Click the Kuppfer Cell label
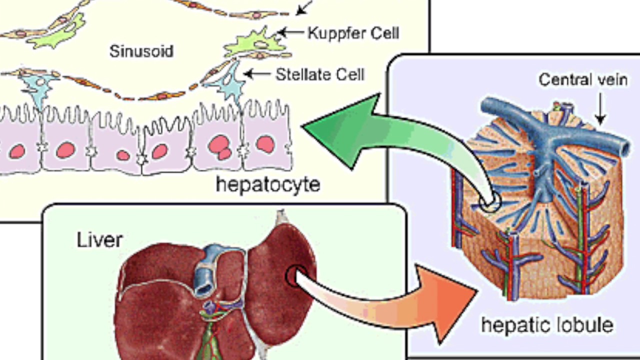(x=353, y=33)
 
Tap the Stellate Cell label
(x=320, y=74)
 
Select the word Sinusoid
(x=141, y=51)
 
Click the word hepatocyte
(x=268, y=184)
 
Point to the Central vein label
(x=582, y=79)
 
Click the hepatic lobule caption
(x=547, y=325)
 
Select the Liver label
(x=99, y=240)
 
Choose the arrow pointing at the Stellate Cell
(x=257, y=74)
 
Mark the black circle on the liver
(x=294, y=275)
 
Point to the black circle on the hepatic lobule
(x=489, y=202)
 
